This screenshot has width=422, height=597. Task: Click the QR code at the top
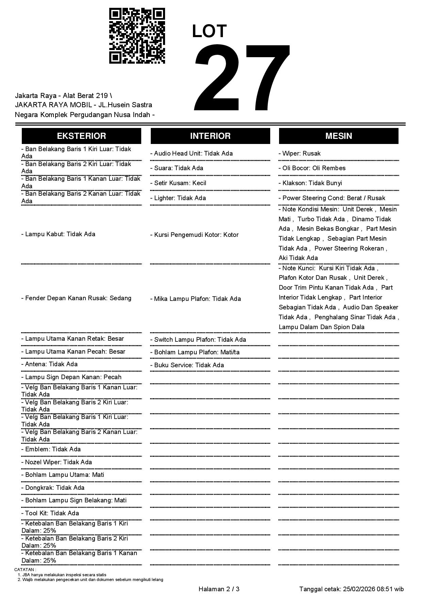(137, 36)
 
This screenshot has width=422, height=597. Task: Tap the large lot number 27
(242, 78)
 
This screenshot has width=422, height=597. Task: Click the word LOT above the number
(209, 31)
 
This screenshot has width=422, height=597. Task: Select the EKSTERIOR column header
(81, 136)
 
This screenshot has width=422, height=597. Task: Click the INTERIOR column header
(210, 136)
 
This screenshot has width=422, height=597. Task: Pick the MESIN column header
(339, 136)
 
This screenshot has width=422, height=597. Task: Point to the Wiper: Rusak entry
(299, 154)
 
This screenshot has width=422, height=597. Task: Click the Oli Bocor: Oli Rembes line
(312, 168)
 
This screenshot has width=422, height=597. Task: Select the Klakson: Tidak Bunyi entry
(310, 183)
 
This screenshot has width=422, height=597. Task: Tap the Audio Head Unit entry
(192, 154)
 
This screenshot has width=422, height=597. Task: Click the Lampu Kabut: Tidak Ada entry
(58, 234)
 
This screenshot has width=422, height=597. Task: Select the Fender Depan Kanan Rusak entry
(77, 298)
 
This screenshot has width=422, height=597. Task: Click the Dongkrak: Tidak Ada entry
(53, 488)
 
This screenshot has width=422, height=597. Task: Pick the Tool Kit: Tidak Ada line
(50, 513)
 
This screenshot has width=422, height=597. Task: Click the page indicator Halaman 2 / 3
(219, 589)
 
